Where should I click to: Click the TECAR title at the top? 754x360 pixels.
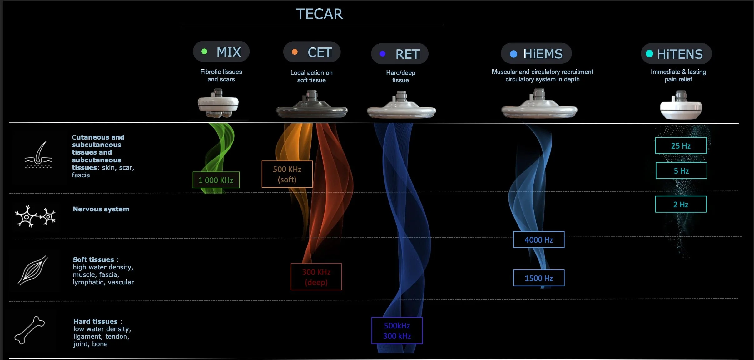(x=319, y=14)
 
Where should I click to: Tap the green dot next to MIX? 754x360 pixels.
(x=205, y=52)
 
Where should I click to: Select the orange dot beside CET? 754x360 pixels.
(x=295, y=52)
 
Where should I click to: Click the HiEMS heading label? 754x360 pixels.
(x=543, y=54)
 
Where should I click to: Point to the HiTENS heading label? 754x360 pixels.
(x=680, y=54)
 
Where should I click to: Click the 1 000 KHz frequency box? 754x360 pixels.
(x=216, y=180)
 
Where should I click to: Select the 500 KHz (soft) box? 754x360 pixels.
(x=287, y=174)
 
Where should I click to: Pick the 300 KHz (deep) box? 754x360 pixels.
(x=316, y=277)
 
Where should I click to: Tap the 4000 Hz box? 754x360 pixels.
(x=539, y=239)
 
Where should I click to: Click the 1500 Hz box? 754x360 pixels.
(x=539, y=278)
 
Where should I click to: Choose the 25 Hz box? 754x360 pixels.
(x=681, y=145)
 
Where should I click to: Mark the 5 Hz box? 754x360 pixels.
(x=681, y=170)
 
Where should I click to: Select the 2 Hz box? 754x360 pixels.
(x=681, y=204)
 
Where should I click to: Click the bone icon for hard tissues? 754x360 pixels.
(x=30, y=330)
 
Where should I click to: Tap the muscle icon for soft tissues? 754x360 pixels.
(x=33, y=270)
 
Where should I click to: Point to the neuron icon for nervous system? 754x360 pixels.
(x=35, y=216)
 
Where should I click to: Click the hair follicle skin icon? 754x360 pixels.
(x=38, y=155)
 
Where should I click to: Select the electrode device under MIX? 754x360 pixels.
(x=218, y=104)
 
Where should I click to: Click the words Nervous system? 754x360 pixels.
(x=101, y=209)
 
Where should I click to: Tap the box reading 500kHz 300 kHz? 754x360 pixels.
(x=397, y=331)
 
